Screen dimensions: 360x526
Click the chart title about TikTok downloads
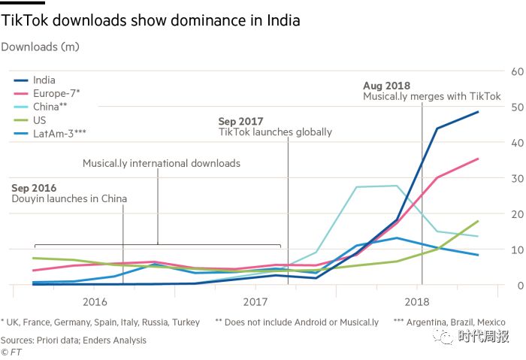151,20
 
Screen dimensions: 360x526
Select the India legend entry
44,80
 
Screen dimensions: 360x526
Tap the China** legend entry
50,107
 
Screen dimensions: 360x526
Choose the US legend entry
40,120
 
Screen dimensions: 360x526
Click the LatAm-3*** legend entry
59,133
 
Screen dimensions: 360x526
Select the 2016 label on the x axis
95,302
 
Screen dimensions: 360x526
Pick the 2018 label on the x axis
417,302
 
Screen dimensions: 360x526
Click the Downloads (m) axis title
40,47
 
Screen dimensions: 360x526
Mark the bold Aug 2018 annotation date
388,86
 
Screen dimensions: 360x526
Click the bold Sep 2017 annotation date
242,121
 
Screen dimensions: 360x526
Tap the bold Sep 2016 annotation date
34,188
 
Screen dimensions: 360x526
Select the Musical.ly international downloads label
162,163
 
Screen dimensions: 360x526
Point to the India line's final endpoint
478,112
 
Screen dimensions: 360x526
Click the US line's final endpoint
478,221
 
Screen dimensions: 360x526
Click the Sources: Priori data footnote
74,340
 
